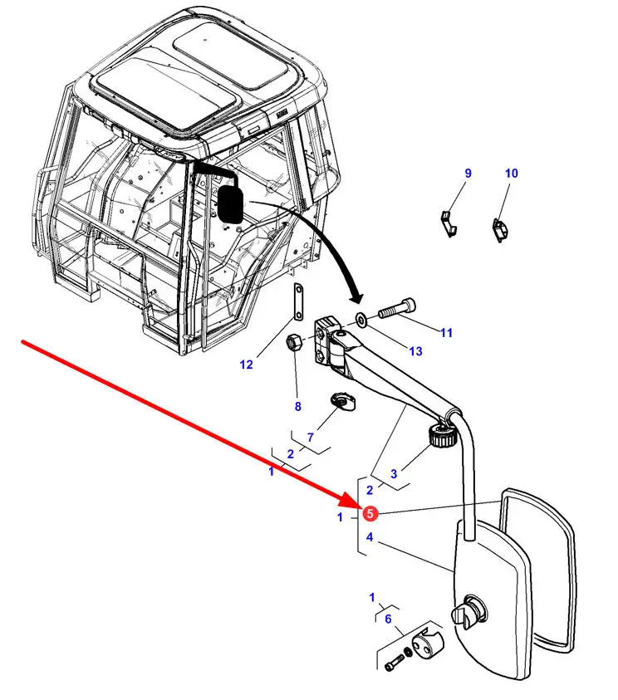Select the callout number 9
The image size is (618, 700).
[468, 174]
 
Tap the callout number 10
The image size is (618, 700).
[511, 174]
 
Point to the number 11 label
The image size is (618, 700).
[447, 333]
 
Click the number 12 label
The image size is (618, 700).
[246, 364]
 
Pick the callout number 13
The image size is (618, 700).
[415, 351]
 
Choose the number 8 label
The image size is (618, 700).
[297, 406]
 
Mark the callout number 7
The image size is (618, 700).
[311, 437]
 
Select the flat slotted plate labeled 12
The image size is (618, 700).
[297, 300]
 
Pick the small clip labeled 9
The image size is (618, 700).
[449, 222]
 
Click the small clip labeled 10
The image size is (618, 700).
[501, 229]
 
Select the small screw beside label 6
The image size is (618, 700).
[392, 663]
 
